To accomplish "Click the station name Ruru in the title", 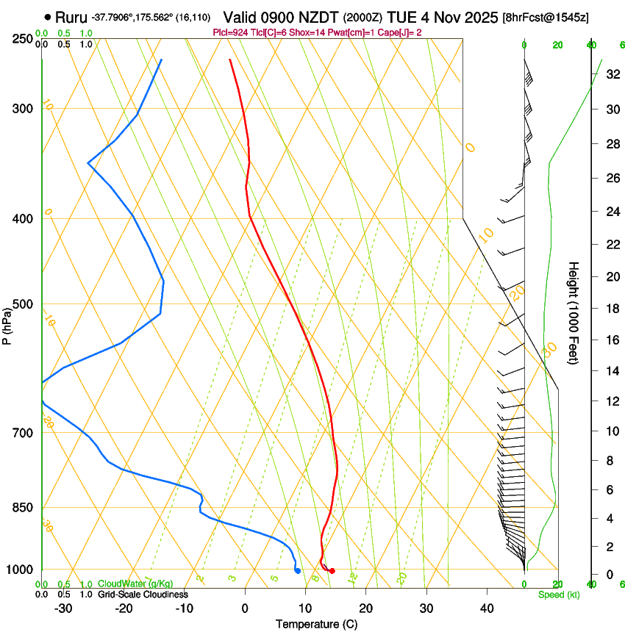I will [x=71, y=17].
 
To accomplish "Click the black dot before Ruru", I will [x=48, y=17].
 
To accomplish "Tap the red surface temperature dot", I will [x=332, y=571].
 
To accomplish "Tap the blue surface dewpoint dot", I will [x=297, y=570].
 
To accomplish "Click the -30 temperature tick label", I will [x=63, y=608].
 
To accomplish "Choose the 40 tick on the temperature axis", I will [x=487, y=608].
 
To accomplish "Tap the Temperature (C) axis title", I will [x=316, y=624].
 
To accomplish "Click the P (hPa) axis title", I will [x=7, y=323].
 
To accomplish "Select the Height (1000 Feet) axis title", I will [x=574, y=312].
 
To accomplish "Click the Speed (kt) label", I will [x=558, y=595].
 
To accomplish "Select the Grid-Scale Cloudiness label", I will [x=143, y=595].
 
